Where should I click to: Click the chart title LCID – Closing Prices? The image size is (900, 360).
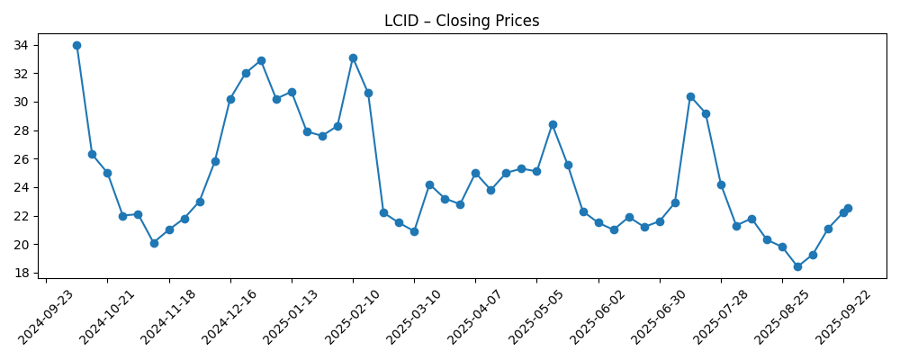(x=462, y=21)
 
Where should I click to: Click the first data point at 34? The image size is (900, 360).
(x=76, y=45)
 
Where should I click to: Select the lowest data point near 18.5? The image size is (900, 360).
(x=797, y=266)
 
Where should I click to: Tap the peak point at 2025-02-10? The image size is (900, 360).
(x=353, y=58)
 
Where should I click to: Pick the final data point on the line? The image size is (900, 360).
(x=848, y=208)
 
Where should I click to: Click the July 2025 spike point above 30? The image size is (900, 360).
(x=690, y=96)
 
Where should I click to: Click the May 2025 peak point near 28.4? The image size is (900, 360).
(x=553, y=124)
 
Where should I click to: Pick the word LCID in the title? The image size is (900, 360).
(x=400, y=21)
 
